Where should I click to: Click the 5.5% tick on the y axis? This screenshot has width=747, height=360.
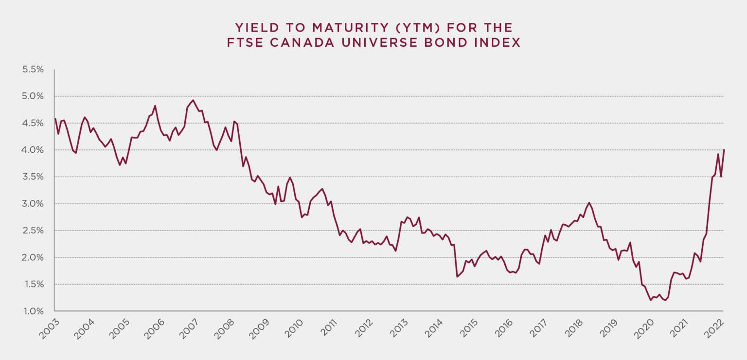pyautogui.click(x=33, y=70)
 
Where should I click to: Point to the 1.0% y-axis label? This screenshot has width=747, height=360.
pyautogui.click(x=33, y=311)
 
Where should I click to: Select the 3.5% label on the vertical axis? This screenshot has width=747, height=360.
pyautogui.click(x=33, y=177)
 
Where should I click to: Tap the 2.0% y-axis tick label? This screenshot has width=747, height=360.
pyautogui.click(x=33, y=257)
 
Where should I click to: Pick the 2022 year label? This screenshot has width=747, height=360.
pyautogui.click(x=715, y=329)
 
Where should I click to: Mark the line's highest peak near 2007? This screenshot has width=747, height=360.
pyautogui.click(x=193, y=100)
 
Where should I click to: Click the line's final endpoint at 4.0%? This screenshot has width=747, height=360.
pyautogui.click(x=724, y=150)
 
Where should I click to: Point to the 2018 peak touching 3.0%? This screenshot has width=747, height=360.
pyautogui.click(x=589, y=202)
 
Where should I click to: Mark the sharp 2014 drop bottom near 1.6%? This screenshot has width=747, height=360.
pyautogui.click(x=457, y=277)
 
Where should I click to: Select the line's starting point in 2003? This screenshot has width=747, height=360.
pyautogui.click(x=55, y=118)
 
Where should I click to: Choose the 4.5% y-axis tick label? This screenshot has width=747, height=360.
pyautogui.click(x=33, y=123)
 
